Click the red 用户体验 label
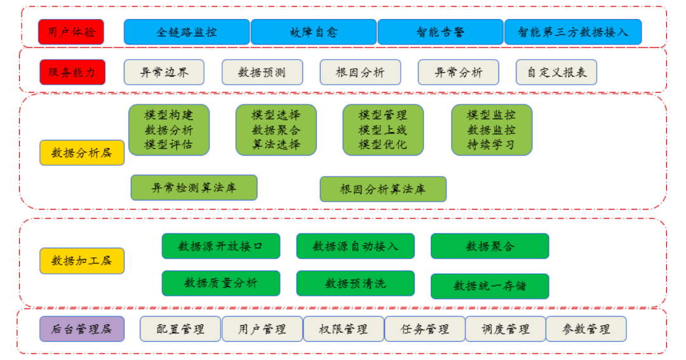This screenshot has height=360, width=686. (x=71, y=32)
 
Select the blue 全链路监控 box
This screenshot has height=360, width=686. (x=186, y=32)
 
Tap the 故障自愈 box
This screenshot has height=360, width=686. (x=313, y=32)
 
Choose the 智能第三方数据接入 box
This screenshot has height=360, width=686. (x=572, y=32)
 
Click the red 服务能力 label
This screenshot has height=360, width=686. (x=72, y=72)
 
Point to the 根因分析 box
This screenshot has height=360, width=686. (x=360, y=72)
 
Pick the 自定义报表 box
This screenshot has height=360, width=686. (x=556, y=72)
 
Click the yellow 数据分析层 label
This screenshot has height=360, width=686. (x=81, y=153)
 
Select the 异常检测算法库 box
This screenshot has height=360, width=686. (x=194, y=188)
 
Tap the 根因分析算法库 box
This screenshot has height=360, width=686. (x=382, y=189)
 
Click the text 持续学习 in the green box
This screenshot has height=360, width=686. (x=491, y=145)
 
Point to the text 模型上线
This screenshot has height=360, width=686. (x=382, y=130)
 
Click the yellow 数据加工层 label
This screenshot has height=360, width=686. (x=81, y=261)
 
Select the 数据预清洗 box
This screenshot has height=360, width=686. (x=355, y=283)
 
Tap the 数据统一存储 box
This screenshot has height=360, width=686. (x=489, y=286)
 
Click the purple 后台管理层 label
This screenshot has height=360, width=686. (x=81, y=329)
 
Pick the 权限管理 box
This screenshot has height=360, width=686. (x=344, y=329)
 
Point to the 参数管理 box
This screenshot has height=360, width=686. (x=586, y=329)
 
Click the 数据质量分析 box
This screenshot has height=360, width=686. (x=220, y=283)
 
